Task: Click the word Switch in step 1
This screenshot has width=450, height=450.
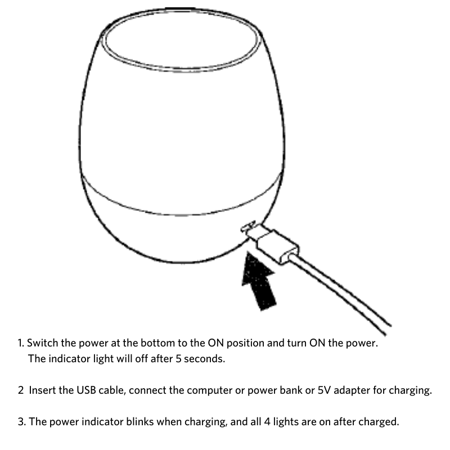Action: tap(42, 343)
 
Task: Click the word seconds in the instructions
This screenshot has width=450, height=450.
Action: tap(204, 358)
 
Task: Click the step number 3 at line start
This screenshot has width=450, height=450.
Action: tap(20, 421)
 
